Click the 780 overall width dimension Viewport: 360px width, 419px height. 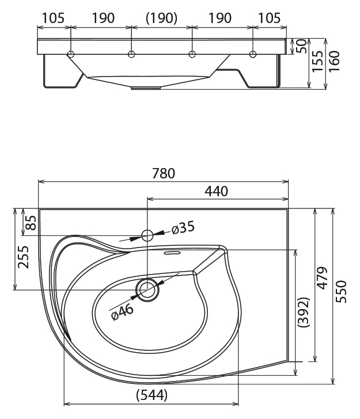164,173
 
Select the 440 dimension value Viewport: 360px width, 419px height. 217,191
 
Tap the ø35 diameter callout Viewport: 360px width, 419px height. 183,228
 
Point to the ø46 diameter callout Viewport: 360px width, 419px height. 122,312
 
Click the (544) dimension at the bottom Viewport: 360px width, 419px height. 152,395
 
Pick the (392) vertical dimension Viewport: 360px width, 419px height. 304,312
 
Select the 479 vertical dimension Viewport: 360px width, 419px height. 323,278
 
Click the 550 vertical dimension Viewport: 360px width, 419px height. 341,292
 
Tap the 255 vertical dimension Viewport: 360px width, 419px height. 23,257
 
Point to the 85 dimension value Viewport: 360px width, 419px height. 31,223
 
